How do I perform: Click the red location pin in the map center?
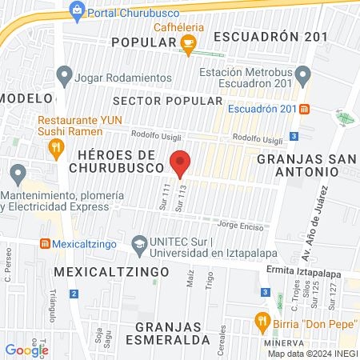coord(180,162)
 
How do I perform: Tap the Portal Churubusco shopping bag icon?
coord(77,10)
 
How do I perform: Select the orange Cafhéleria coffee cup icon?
coord(189,45)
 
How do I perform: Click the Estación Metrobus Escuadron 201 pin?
coord(302,77)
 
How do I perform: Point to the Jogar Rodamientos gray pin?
coord(64,78)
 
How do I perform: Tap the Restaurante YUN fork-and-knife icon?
coord(55,146)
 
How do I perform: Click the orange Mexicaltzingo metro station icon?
coord(46,243)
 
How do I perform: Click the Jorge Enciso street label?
coord(240,225)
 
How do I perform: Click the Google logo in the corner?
coord(27,349)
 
